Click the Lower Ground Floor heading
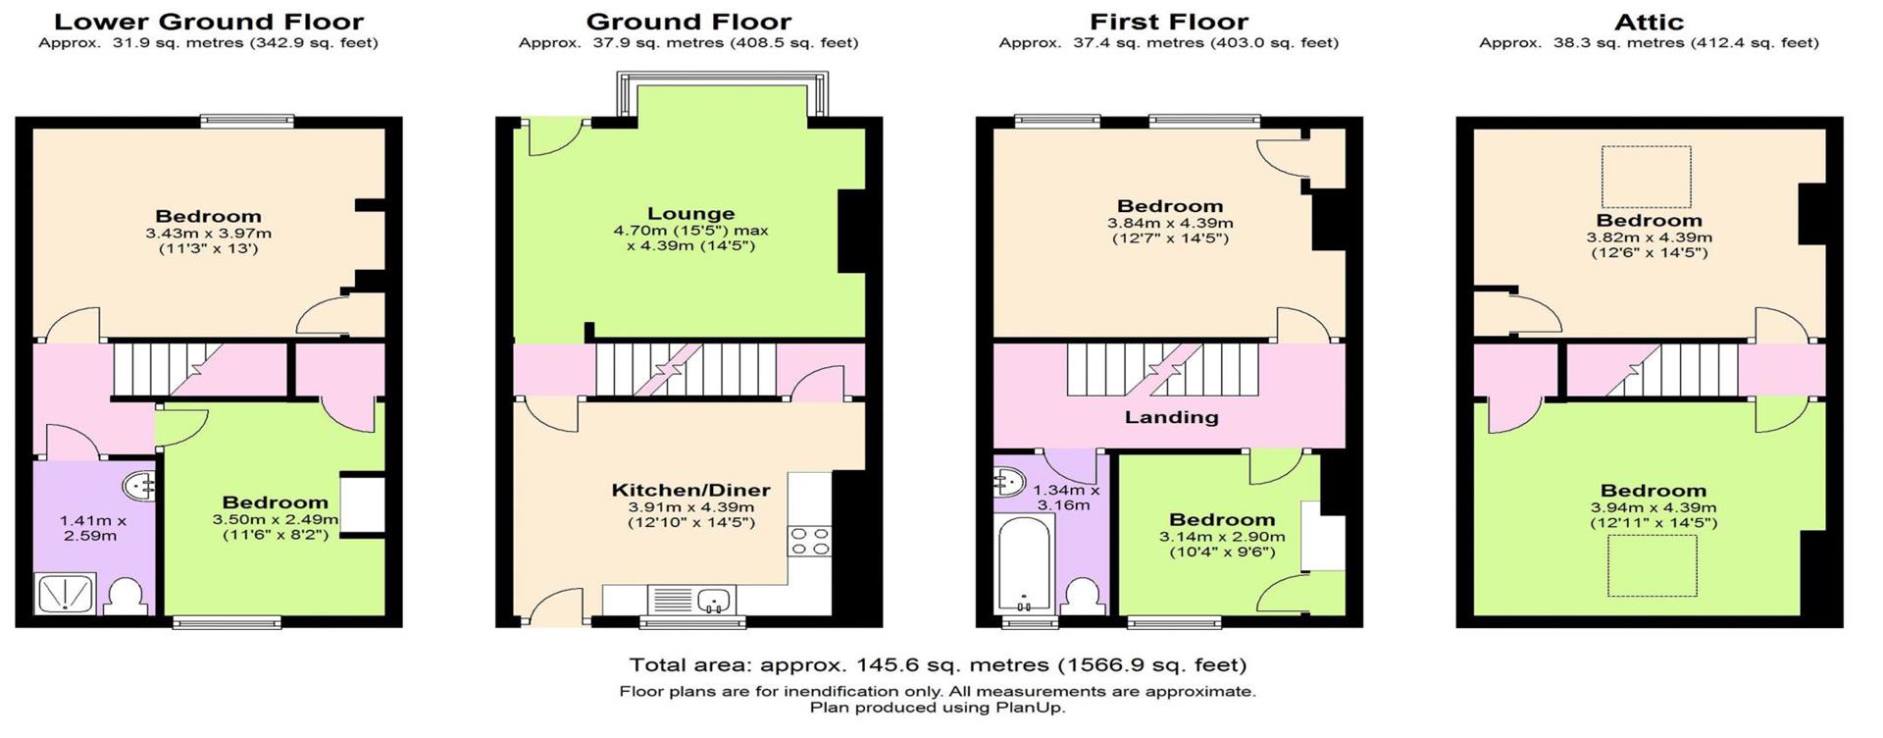coord(208,22)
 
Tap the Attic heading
coord(1648,22)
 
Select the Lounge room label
coord(690,214)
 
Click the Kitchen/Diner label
coord(690,491)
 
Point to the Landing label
coord(1171,417)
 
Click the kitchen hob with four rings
coord(810,542)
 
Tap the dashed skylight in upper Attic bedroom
coord(1646,177)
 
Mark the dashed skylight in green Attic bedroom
coord(1652,567)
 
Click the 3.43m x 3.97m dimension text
coord(208,234)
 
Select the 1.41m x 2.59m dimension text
coord(92,529)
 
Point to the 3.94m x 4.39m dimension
coord(1654,508)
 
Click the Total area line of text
coord(937,665)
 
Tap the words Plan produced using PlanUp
coord(937,707)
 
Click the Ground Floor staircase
coord(687,369)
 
